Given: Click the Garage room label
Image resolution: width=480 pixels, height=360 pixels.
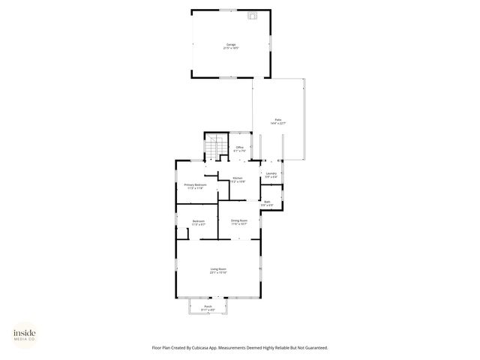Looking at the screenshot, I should click(x=231, y=44).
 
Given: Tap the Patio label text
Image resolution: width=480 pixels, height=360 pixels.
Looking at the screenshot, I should click(x=277, y=119).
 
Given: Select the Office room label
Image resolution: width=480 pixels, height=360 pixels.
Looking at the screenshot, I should click(x=240, y=147).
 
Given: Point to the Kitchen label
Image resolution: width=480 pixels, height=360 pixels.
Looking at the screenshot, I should click(x=238, y=178).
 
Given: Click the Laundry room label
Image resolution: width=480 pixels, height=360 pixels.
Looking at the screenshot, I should click(x=271, y=173).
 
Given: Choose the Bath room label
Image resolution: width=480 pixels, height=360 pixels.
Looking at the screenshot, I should click(x=267, y=202).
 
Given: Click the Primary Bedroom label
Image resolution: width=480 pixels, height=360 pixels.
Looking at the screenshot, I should click(x=194, y=184).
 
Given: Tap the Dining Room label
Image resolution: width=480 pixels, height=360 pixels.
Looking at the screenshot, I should click(x=239, y=220).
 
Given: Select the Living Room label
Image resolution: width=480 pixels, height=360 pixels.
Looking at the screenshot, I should click(x=218, y=268).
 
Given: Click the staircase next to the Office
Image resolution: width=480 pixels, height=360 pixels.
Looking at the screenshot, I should click(x=216, y=146).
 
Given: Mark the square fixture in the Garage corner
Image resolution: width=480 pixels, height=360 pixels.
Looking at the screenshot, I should click(x=253, y=14).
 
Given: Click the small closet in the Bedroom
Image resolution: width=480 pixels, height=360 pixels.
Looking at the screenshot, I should click(x=182, y=232).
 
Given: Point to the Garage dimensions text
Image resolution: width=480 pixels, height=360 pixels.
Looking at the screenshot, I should click(x=231, y=48).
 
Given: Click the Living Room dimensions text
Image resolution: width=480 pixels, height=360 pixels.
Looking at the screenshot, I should click(x=218, y=272).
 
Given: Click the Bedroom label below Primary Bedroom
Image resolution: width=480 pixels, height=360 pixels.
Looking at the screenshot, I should click(x=199, y=220).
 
